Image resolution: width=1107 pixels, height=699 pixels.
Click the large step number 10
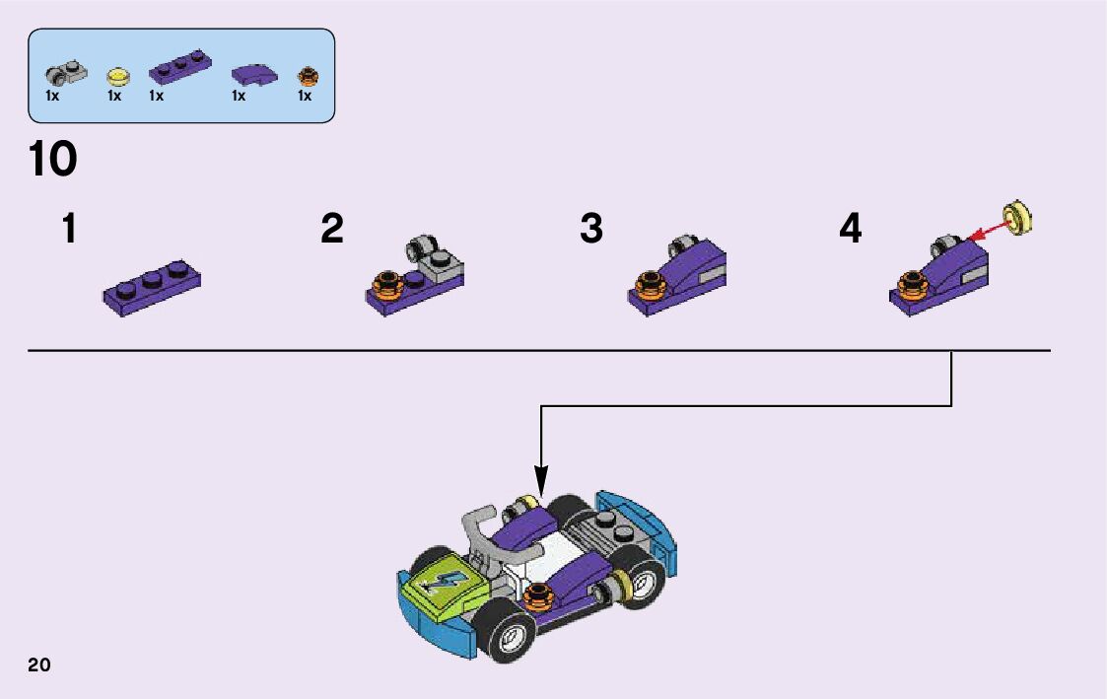pos(53,160)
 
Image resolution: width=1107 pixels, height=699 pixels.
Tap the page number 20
pos(39,664)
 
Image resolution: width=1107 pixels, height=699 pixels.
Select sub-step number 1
pos(68,229)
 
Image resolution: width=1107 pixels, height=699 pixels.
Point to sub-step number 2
pos(332,229)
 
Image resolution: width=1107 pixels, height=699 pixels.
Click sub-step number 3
pos(590,229)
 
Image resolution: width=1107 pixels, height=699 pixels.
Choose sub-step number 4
pos(850,229)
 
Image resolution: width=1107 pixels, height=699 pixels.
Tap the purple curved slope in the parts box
pos(253,74)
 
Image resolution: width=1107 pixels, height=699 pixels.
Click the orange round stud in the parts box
pos(308,74)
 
